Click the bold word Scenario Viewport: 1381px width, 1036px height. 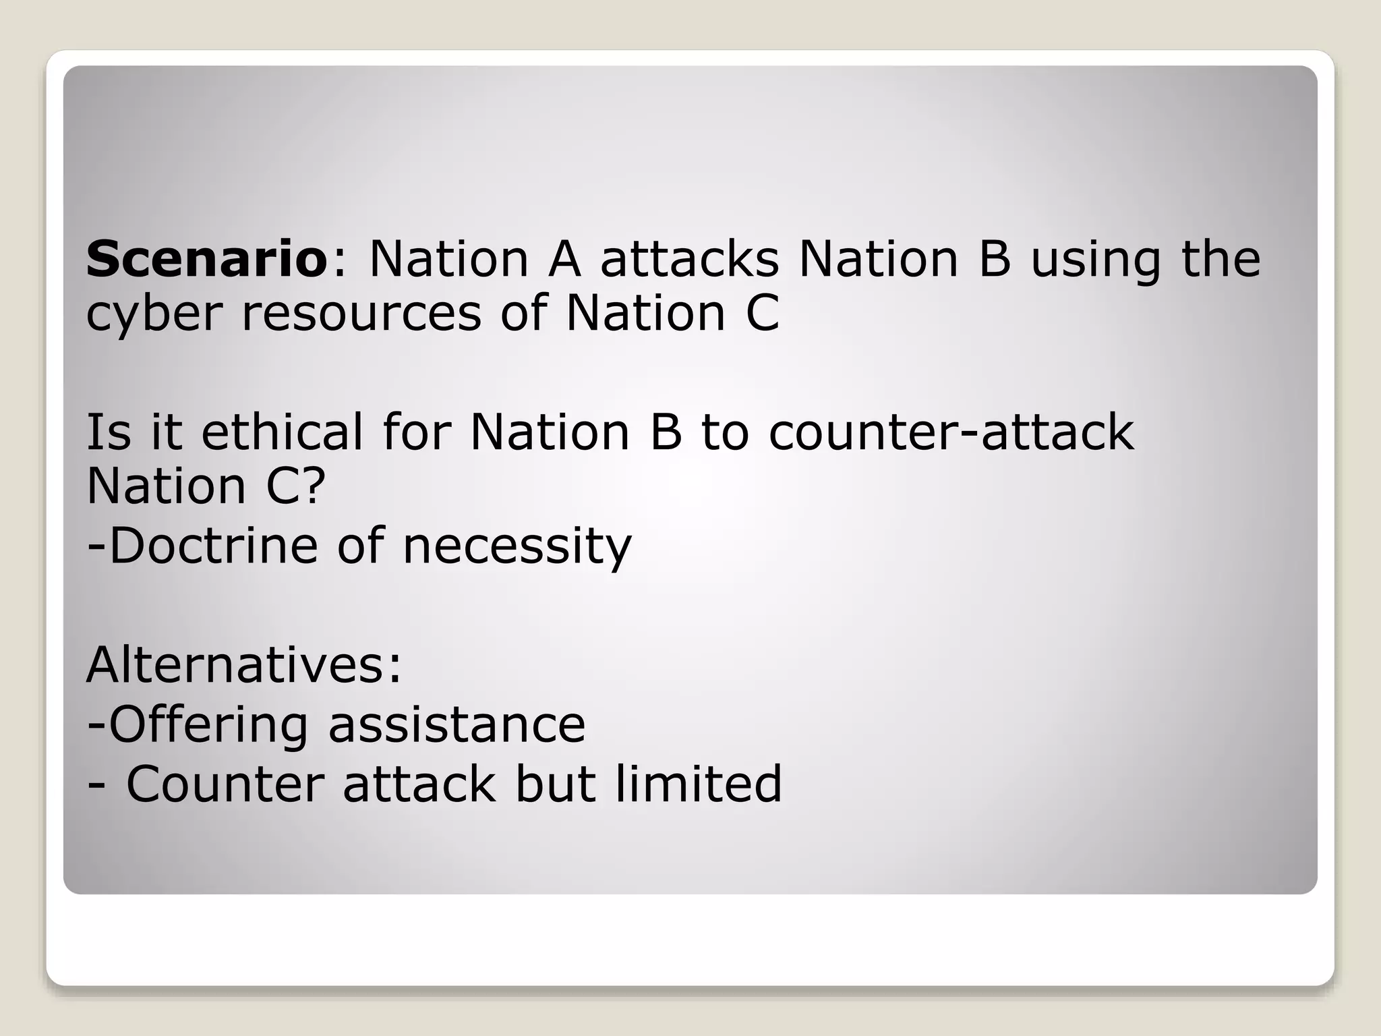pos(206,260)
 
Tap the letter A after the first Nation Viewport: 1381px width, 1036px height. pos(564,260)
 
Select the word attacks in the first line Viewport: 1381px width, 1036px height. pos(689,260)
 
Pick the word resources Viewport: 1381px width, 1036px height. pos(361,315)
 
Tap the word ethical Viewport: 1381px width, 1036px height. pos(283,432)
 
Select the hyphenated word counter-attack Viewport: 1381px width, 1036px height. pos(951,432)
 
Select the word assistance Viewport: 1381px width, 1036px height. pos(457,726)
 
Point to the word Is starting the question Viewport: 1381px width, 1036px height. pos(109,432)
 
